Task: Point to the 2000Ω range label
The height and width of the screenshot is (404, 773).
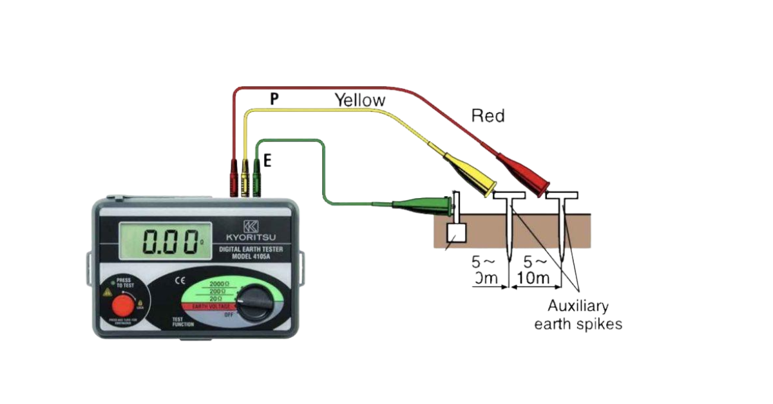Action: [221, 284]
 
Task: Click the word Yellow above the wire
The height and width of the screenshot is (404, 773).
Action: [359, 100]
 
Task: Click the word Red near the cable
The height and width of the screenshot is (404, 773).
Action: [488, 116]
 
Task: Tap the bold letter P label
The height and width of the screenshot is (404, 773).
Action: [274, 99]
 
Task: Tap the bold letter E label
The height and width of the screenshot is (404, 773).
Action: [267, 161]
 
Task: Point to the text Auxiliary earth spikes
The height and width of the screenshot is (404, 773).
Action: [578, 315]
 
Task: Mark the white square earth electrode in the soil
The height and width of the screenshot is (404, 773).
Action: [455, 235]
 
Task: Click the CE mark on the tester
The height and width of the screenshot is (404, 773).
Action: [180, 281]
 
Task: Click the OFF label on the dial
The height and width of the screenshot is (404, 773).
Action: [229, 315]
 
